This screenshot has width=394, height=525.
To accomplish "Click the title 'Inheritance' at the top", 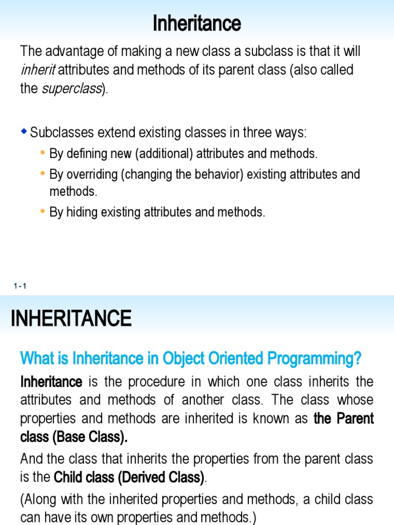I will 197,23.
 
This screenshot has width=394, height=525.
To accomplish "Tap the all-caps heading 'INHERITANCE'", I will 71,318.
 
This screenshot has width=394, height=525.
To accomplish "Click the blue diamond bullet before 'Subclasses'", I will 24,132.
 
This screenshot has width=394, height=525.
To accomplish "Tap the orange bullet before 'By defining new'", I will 42,153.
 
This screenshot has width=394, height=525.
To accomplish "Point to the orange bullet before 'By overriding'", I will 42,173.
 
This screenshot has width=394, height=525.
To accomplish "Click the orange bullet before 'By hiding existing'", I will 42,211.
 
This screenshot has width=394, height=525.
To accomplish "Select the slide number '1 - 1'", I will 21,286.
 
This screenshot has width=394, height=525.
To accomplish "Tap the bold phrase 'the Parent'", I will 344,418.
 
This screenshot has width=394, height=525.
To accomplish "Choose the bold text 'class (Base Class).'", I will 74,437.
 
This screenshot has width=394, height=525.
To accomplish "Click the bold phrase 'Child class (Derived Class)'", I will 129,477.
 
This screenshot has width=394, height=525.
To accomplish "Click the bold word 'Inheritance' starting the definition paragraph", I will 51,382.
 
